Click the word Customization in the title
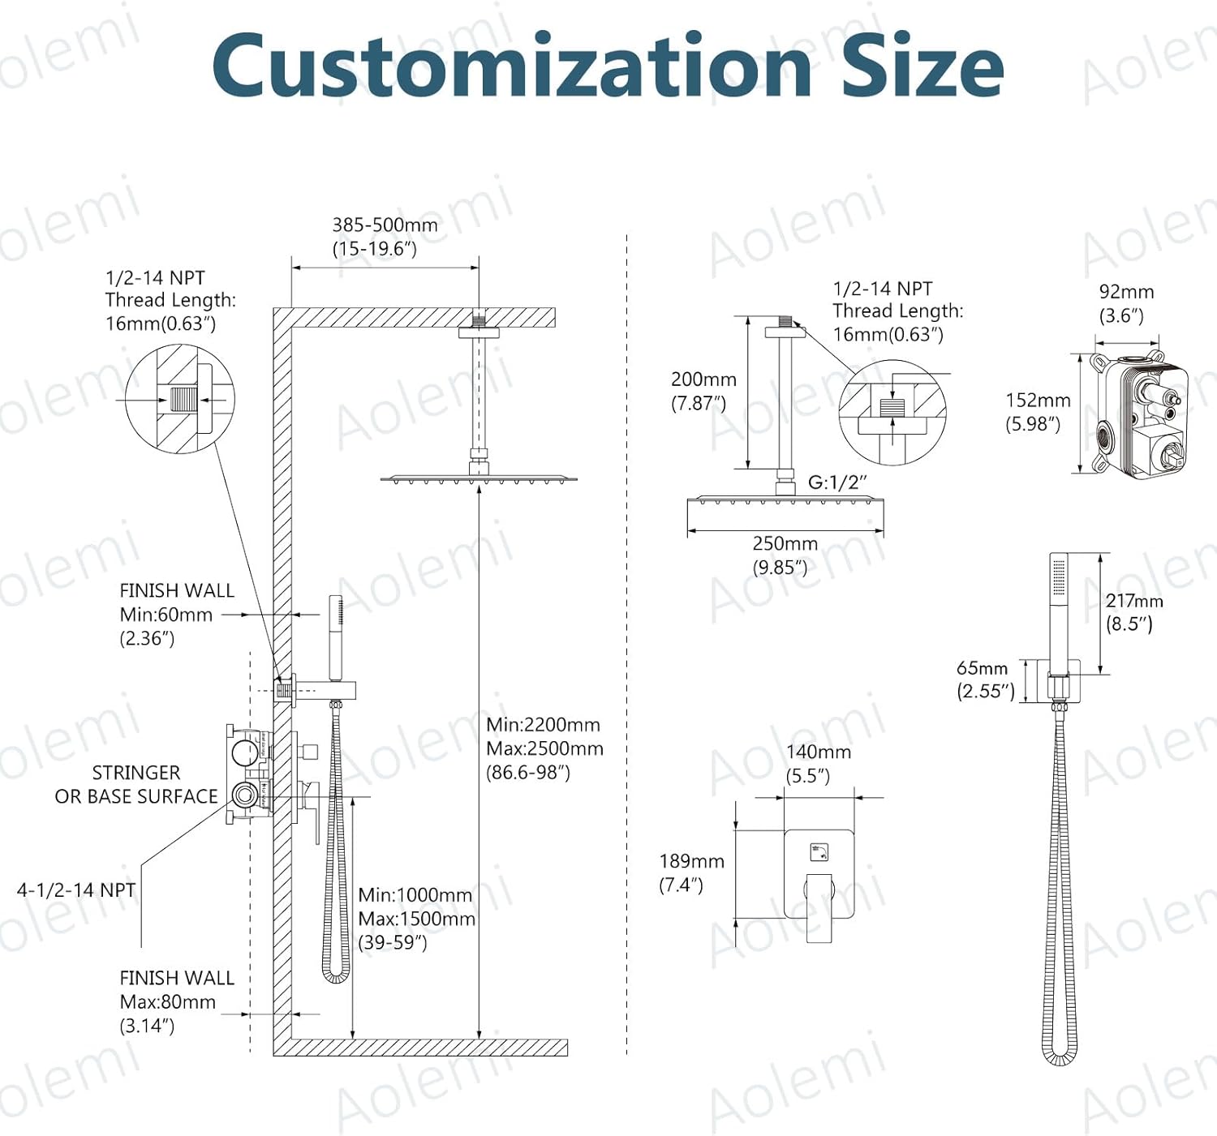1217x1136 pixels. pyautogui.click(x=511, y=66)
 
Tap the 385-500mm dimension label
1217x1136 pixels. pyautogui.click(x=385, y=225)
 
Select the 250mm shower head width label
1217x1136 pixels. pyautogui.click(x=785, y=544)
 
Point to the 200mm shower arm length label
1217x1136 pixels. pyautogui.click(x=703, y=379)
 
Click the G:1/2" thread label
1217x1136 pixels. pyautogui.click(x=837, y=482)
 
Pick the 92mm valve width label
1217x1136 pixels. pyautogui.click(x=1126, y=292)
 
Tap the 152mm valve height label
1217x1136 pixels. pyautogui.click(x=1038, y=401)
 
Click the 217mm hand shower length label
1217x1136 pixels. pyautogui.click(x=1134, y=601)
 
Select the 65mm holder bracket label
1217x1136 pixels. pyautogui.click(x=982, y=668)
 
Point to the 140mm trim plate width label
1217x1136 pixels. pyautogui.click(x=819, y=752)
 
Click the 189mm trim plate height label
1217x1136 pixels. pyautogui.click(x=691, y=861)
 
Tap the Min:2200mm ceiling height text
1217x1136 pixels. pyautogui.click(x=543, y=725)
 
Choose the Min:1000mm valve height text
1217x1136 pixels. pyautogui.click(x=415, y=895)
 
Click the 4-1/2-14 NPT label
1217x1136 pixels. pyautogui.click(x=76, y=890)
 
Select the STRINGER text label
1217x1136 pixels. pyautogui.click(x=136, y=773)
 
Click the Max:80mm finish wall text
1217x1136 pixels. pyautogui.click(x=168, y=1002)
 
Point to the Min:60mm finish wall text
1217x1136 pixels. pyautogui.click(x=166, y=615)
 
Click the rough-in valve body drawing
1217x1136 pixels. pyautogui.click(x=1140, y=414)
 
